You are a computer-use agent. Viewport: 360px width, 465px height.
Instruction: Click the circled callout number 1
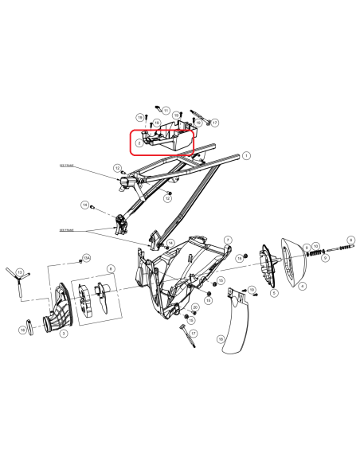246,155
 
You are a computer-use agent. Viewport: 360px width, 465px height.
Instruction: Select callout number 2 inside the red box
139,143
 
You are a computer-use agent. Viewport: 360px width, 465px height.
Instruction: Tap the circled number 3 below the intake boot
64,334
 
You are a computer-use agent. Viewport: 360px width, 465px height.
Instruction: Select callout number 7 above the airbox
228,239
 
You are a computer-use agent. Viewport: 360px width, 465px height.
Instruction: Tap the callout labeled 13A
88,258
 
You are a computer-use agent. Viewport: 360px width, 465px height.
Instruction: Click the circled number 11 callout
166,110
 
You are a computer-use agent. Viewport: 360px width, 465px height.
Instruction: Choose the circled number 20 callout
194,307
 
